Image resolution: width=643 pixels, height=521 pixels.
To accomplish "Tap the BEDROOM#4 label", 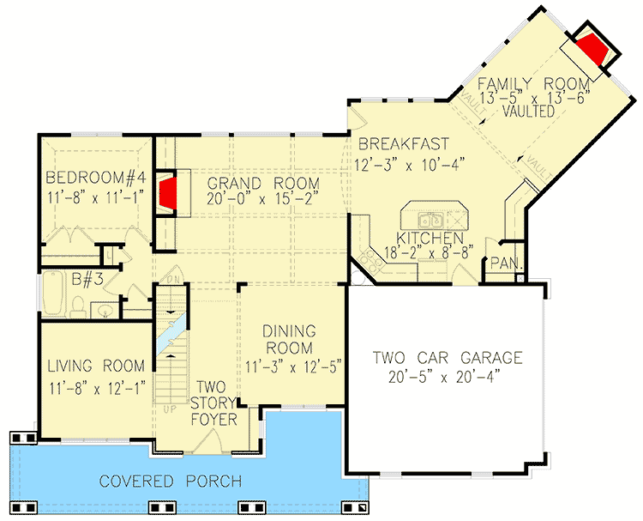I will [94, 179].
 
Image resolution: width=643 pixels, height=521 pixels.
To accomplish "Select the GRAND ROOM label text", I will [262, 183].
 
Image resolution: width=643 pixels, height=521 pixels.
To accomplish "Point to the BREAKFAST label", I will [404, 143].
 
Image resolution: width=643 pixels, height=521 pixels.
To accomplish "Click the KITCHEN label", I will [430, 238].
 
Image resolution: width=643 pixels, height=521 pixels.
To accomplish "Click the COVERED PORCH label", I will [169, 481].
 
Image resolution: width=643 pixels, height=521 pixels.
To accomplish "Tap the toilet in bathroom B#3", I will [78, 305].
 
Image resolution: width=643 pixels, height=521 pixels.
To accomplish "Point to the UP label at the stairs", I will [170, 409].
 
